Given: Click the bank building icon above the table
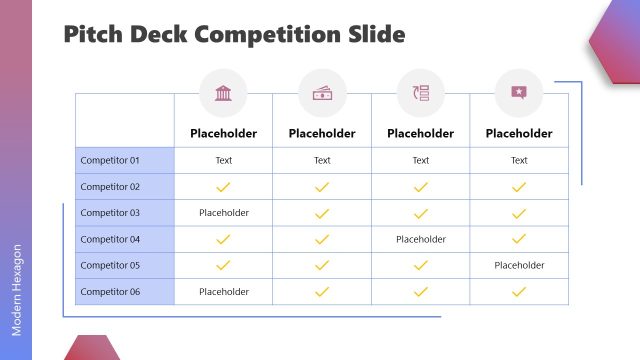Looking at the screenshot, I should click(x=223, y=93).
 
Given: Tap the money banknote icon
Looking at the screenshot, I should click(x=322, y=93).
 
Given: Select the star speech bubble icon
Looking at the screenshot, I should click(x=519, y=93).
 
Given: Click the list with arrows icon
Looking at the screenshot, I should click(x=420, y=93).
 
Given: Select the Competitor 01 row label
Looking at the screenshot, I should click(x=110, y=160).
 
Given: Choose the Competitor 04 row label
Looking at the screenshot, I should click(x=110, y=239).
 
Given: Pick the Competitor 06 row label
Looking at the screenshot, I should click(x=110, y=292).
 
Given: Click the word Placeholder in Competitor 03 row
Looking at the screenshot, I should click(x=224, y=213).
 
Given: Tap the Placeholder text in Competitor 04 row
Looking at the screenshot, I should click(x=421, y=239).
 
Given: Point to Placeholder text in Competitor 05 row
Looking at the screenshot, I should click(x=519, y=265).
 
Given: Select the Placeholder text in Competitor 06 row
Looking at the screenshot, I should click(x=224, y=292).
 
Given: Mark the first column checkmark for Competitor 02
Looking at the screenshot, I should click(x=224, y=187).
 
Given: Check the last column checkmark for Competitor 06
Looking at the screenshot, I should click(x=519, y=292).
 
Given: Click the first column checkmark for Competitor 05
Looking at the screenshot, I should click(x=224, y=265).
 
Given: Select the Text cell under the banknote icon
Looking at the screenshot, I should click(x=322, y=160).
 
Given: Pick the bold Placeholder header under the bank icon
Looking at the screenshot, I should click(x=224, y=133).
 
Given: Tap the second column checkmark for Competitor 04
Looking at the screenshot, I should click(x=322, y=239).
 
